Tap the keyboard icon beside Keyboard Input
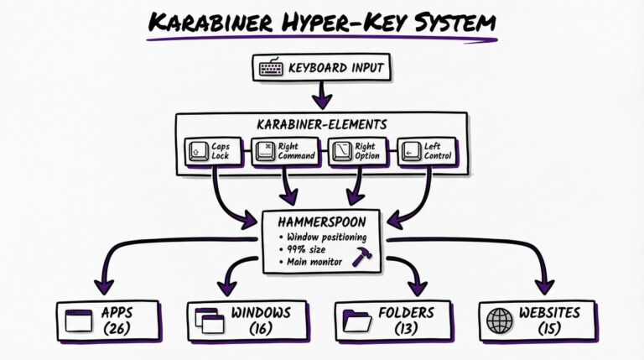271,68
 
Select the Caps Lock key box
214,151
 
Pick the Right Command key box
286,151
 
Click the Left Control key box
428,151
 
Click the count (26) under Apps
117,329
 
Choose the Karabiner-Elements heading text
322,124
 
